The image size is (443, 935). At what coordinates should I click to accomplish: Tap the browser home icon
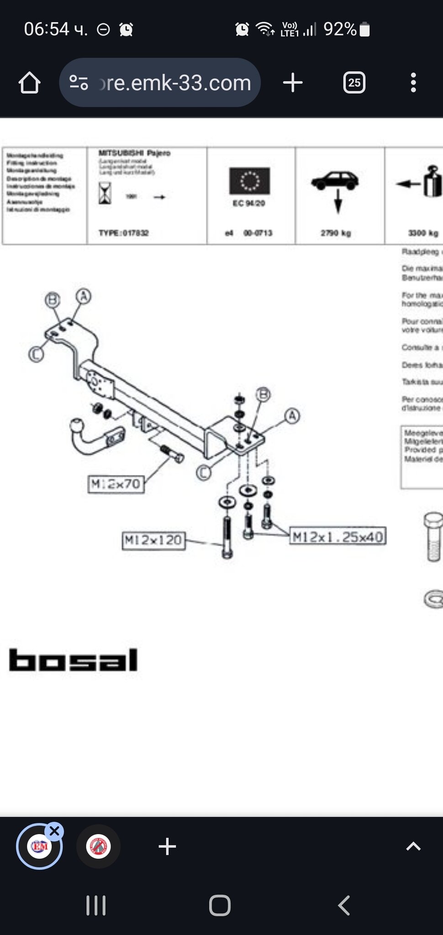pos(29,83)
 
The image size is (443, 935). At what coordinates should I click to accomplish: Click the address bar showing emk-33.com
pos(160,83)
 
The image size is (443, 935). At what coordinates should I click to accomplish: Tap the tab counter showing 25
pos(354,83)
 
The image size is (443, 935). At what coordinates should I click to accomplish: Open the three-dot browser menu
pos(413,83)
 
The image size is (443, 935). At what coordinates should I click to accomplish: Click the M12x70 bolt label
pos(116,484)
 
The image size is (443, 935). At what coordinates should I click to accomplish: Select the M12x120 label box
pos(153,541)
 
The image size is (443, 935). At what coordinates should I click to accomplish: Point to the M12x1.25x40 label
pos(338,536)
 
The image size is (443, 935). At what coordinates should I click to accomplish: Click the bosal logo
pos(73,660)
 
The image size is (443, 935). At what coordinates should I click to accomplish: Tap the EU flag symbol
pos(249,181)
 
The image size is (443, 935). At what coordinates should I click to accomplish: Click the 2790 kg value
pos(336,233)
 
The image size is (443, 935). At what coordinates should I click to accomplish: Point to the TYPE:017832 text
pos(124,233)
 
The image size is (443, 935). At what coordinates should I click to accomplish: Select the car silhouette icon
pos(335,180)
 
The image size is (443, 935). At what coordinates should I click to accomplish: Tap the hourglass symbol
pos(105,193)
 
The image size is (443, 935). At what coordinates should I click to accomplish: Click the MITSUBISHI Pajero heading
pos(134,153)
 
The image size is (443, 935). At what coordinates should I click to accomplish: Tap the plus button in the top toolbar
pos(293,83)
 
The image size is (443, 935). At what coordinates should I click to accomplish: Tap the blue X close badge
pos(54,831)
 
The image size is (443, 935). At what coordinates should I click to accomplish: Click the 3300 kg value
pos(423,233)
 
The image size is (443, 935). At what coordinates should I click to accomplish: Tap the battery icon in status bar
pos(364,30)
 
